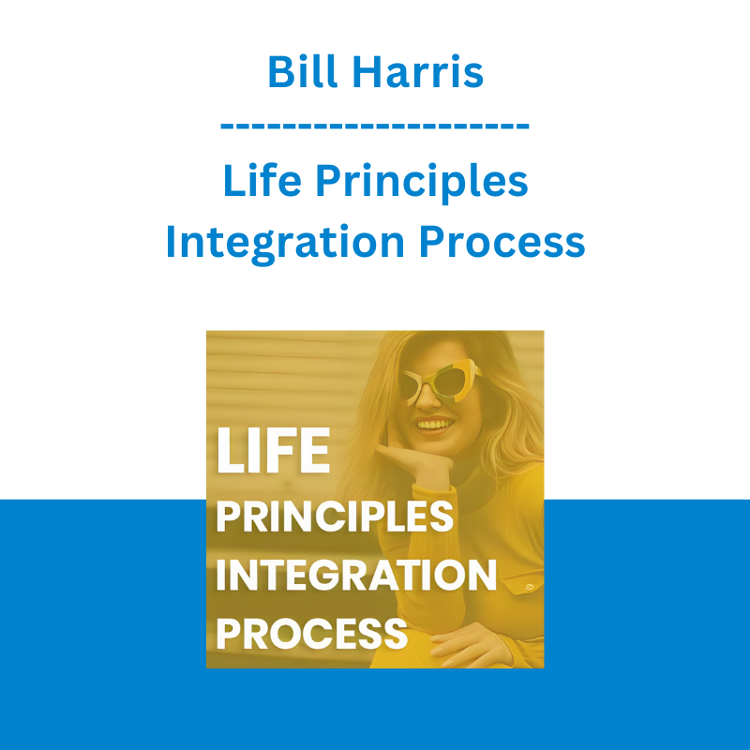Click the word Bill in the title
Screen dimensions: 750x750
pos(302,71)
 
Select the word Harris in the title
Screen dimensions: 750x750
pos(417,72)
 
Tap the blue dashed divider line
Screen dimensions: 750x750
pos(374,127)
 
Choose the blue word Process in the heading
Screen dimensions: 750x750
pos(502,242)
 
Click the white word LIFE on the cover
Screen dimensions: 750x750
pos(273,450)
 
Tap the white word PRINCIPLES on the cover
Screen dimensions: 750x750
pos(335,517)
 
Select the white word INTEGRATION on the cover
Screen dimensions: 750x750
pos(357,575)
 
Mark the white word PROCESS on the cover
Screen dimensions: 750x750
pos(312,634)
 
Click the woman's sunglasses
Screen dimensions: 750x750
pos(440,382)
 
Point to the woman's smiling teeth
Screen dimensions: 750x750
pos(434,425)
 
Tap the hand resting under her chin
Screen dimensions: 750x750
pos(417,461)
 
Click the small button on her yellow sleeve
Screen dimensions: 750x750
pos(529,587)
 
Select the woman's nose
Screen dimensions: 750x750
pos(427,400)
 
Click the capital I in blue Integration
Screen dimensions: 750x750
pos(170,242)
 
